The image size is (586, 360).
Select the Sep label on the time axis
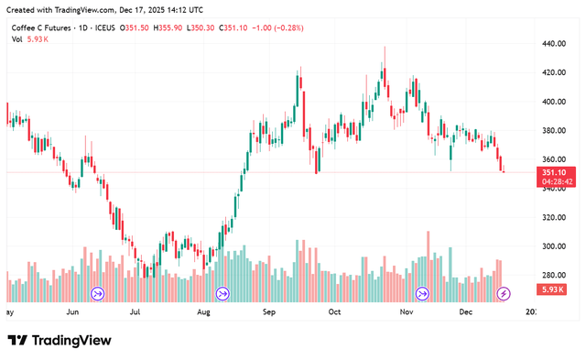click(x=269, y=311)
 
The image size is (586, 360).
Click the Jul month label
click(x=135, y=311)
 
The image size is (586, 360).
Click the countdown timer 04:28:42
click(x=557, y=181)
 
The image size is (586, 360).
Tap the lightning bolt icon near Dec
click(x=503, y=293)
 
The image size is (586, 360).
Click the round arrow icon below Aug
click(x=222, y=293)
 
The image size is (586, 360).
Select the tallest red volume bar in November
click(x=428, y=266)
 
